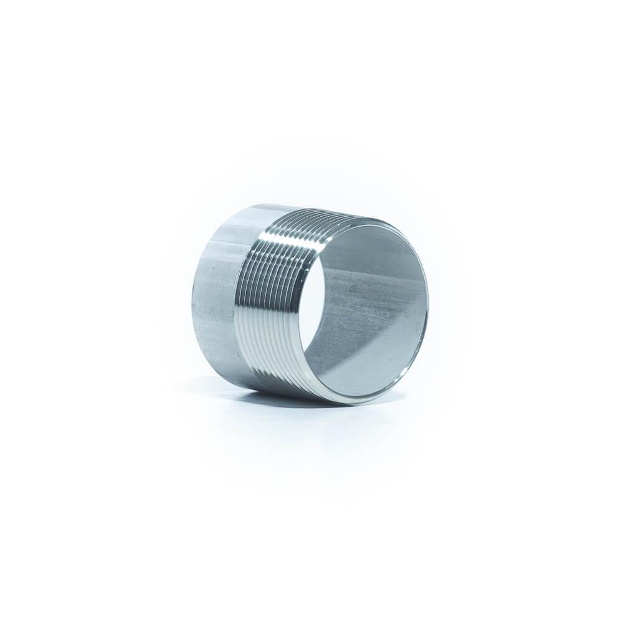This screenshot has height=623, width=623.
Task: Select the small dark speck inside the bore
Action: tap(353, 288)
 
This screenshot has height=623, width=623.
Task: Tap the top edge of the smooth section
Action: tap(249, 206)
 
